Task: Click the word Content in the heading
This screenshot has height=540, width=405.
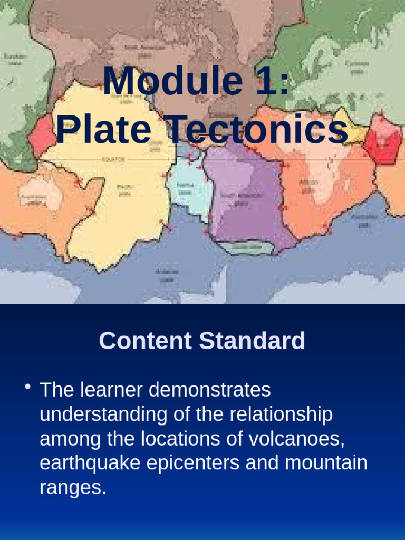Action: point(145,341)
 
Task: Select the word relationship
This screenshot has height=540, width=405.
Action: point(281,414)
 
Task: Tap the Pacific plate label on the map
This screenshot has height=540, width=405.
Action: point(124,189)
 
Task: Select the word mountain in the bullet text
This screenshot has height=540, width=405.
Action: point(326,463)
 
